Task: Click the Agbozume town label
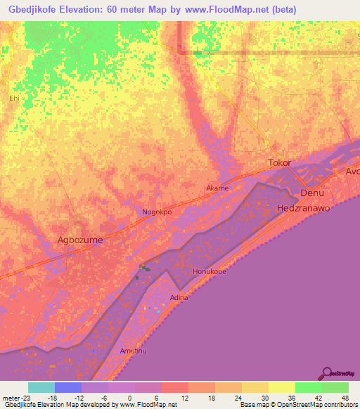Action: click(79, 240)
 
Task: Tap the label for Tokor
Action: click(279, 163)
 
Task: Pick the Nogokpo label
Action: click(157, 212)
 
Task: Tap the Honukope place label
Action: click(209, 271)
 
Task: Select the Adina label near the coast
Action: click(179, 298)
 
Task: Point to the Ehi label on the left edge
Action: click(13, 98)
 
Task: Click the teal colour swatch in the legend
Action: click(41, 387)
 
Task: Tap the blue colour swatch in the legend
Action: click(67, 387)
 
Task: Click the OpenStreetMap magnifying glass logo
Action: click(327, 373)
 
